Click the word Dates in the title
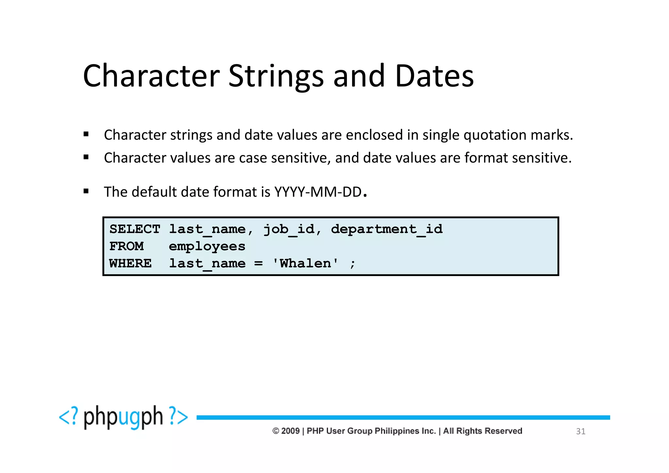pos(434,76)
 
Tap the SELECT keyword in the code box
pos(135,229)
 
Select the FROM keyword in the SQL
pos(126,246)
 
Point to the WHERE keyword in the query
pos(130,263)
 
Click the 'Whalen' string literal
pos(305,263)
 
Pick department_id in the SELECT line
pos(387,229)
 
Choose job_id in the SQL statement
pos(289,229)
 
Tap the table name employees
pos(207,246)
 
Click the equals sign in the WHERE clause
pos(258,263)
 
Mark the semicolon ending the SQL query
pos(352,264)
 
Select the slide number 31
pos(580,431)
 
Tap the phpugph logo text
pos(123,417)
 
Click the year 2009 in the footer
pos(290,431)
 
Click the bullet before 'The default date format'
pos(86,191)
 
